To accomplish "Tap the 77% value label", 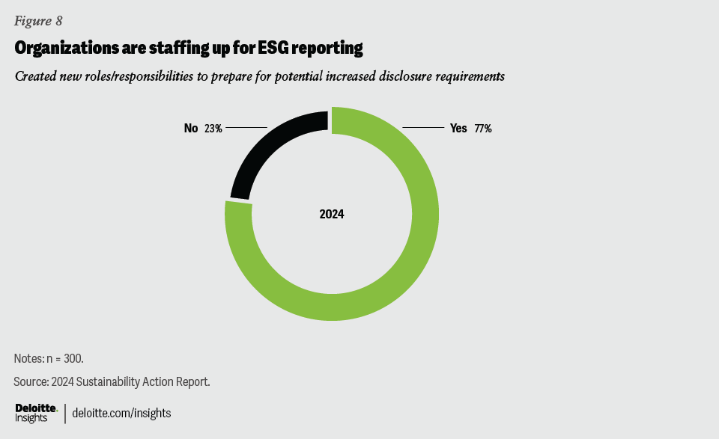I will pyautogui.click(x=482, y=129).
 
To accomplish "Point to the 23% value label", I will pyautogui.click(x=213, y=129).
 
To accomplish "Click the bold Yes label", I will pyautogui.click(x=458, y=129).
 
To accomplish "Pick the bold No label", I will pyautogui.click(x=191, y=129).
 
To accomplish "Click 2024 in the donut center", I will pyautogui.click(x=332, y=215).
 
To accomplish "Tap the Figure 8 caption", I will pyautogui.click(x=38, y=21).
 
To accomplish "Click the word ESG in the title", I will pyautogui.click(x=282, y=49).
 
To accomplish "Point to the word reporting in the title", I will pyautogui.click(x=330, y=49).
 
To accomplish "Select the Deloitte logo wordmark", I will pyautogui.click(x=36, y=407).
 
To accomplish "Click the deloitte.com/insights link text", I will pyautogui.click(x=121, y=413).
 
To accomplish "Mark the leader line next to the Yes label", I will pyautogui.click(x=423, y=128).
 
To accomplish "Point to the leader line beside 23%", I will pyautogui.click(x=246, y=128).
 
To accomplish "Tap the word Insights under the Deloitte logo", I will pyautogui.click(x=31, y=418).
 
